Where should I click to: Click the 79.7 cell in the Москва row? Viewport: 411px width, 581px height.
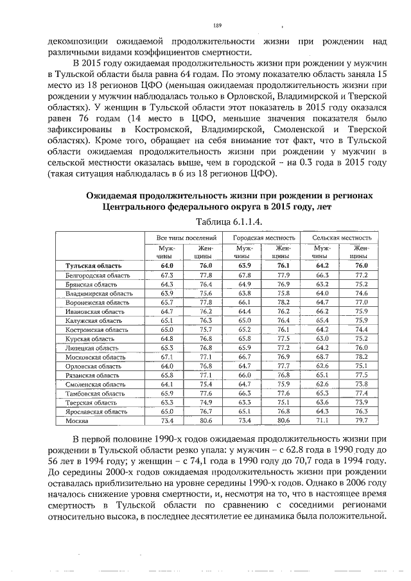tap(362, 422)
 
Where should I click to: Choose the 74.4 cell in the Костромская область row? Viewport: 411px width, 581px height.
tap(362, 330)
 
